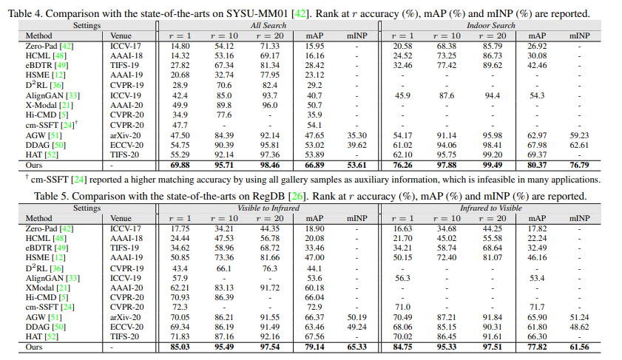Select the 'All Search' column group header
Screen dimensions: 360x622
(268, 25)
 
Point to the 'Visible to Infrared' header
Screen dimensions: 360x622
(268, 208)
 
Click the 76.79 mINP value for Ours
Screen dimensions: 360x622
(579, 165)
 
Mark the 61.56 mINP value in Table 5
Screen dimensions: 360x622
(579, 347)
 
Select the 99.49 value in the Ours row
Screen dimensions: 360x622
(490, 165)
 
